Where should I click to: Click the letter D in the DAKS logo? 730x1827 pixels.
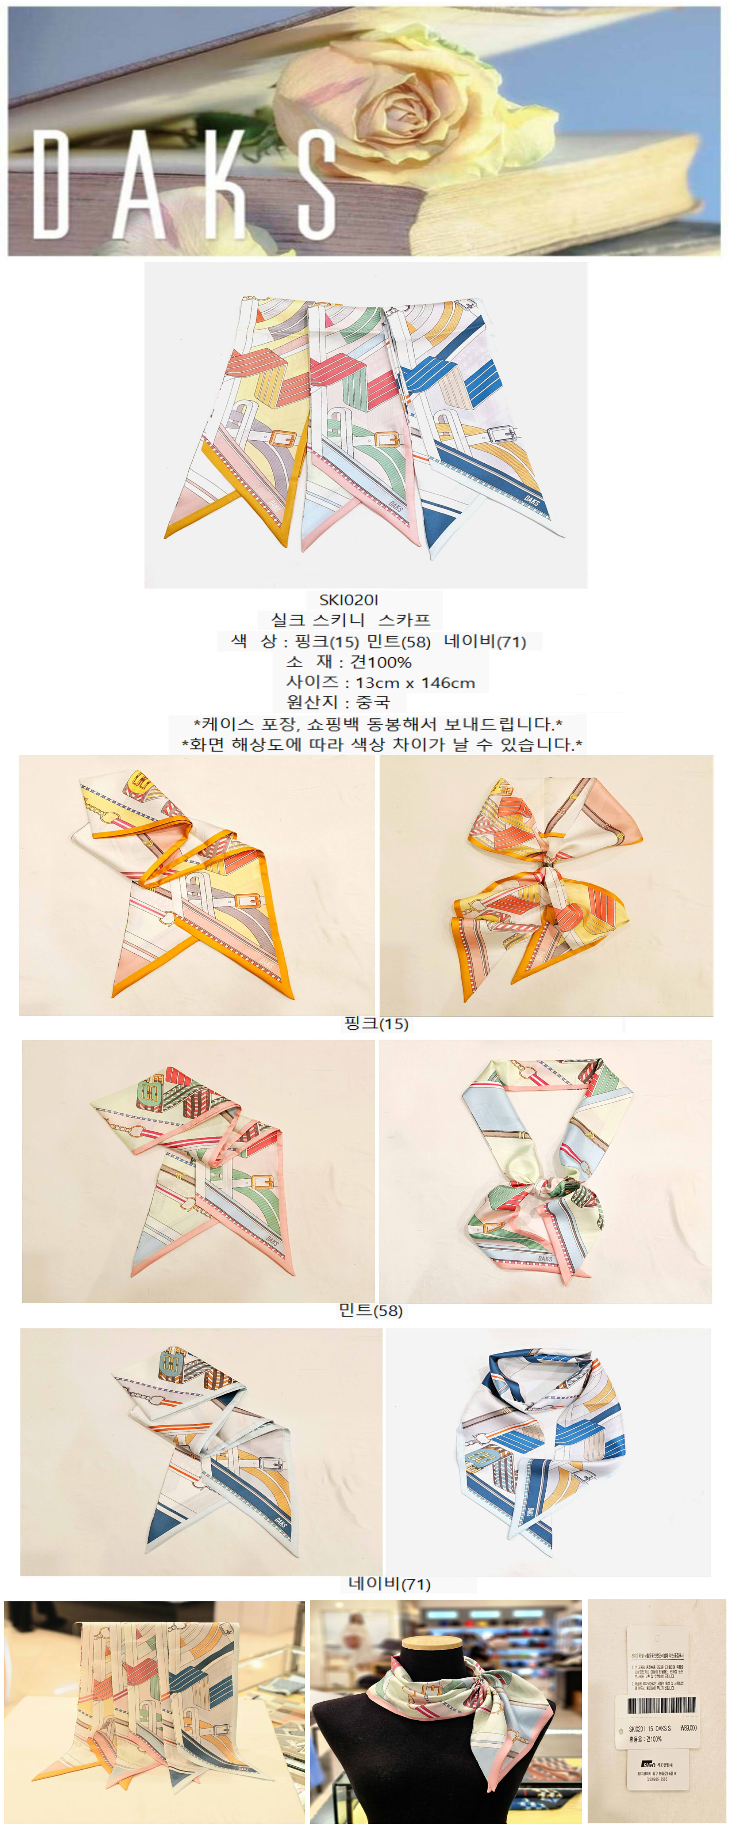point(51,185)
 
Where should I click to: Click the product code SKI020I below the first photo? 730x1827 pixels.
point(349,600)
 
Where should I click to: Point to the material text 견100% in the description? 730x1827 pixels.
point(381,662)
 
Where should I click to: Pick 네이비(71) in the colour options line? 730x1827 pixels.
point(485,642)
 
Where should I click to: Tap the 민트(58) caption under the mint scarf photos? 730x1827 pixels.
point(371,1311)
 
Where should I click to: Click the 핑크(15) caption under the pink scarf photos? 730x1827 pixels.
point(376,1023)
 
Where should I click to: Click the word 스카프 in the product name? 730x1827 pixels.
point(404,620)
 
